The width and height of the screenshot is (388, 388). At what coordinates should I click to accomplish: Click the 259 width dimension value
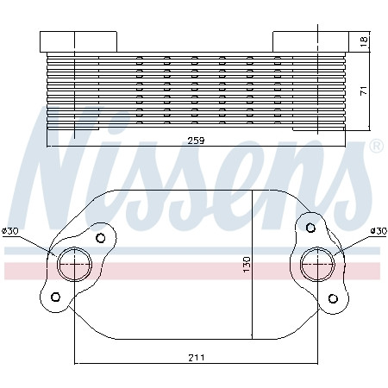(x=196, y=141)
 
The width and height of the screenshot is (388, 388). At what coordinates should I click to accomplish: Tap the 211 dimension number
(x=197, y=358)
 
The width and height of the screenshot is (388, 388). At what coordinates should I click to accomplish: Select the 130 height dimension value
(x=247, y=265)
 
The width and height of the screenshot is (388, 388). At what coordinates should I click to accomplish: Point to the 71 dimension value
(x=364, y=91)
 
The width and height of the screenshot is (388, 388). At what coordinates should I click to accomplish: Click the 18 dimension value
(x=364, y=42)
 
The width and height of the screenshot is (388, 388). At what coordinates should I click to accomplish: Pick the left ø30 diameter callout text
(x=10, y=231)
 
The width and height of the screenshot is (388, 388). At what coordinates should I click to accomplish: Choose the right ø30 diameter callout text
(x=379, y=231)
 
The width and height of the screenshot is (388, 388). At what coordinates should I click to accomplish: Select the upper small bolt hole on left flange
(x=101, y=238)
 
